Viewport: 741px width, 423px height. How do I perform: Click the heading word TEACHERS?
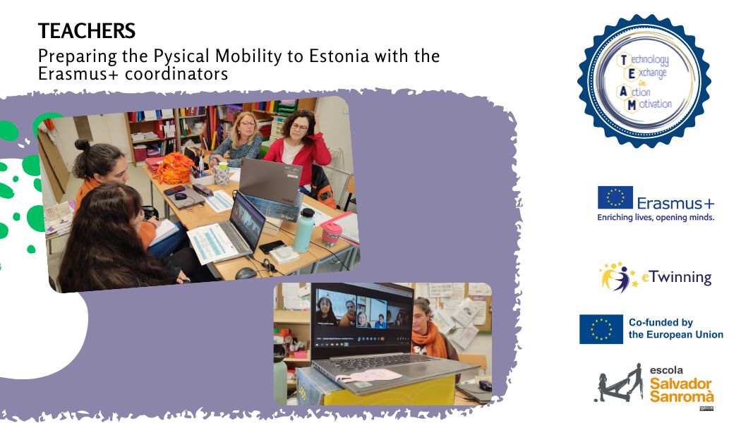[x=87, y=31]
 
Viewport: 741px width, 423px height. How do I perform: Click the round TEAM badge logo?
[x=644, y=80]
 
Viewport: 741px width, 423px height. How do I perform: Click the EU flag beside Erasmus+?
[x=615, y=197]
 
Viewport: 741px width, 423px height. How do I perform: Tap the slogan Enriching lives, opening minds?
[x=656, y=217]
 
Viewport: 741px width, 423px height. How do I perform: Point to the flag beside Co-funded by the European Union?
[x=601, y=329]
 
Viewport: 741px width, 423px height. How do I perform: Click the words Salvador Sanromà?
[x=681, y=389]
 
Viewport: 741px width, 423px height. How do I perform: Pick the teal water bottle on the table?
[x=303, y=231]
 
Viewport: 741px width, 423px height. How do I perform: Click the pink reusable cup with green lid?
[x=331, y=234]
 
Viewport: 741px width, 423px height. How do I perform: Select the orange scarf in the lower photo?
[x=428, y=338]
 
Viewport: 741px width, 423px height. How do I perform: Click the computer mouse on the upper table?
[x=246, y=274]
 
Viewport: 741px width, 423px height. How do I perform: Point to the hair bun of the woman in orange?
[x=83, y=145]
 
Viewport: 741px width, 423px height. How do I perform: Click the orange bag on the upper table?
[x=174, y=168]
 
